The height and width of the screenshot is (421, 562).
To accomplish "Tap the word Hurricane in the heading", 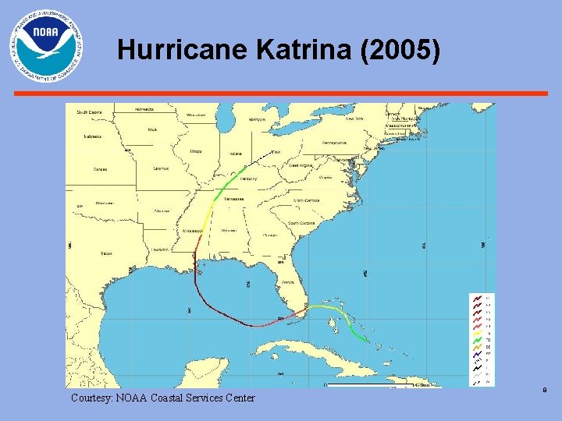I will pos(183,51).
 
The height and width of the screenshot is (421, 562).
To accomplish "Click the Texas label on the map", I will pos(106,253).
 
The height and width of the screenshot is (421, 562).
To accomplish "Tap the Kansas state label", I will pos(101,168).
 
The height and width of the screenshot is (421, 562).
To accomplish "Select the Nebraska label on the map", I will pos(94,136).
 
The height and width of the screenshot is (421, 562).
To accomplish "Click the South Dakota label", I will pos(88,112).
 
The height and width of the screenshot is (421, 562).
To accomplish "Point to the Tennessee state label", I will pos(234,199).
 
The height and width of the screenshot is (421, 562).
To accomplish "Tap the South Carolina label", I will pos(301,223).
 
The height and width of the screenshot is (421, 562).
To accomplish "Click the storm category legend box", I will pos(482,339).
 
